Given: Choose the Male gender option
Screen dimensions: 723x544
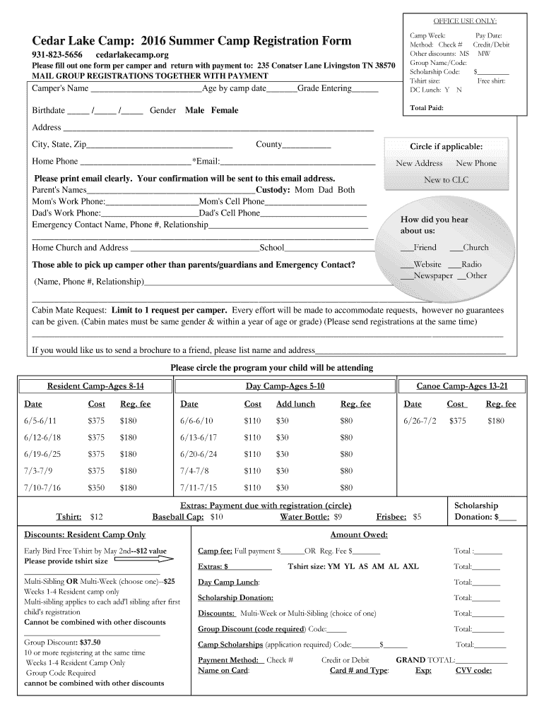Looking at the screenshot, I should point(194,110).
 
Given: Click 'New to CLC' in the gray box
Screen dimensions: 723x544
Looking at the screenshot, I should point(446,180).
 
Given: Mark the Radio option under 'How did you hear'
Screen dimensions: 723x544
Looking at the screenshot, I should point(471,264).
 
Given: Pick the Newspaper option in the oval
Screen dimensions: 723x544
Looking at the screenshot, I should point(432,275).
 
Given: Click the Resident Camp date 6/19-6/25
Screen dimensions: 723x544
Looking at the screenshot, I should point(42,454).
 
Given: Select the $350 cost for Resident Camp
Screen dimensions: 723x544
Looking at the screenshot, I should point(96,488).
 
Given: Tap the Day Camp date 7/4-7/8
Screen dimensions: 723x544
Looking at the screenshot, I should point(194,471).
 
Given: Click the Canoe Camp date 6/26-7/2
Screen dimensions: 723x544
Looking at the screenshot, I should point(420,420).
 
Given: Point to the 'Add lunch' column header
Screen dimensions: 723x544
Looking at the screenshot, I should point(295,404).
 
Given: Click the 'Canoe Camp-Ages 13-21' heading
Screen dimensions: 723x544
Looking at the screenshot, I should point(462,386).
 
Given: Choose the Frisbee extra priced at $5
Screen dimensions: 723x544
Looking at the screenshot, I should point(399,517).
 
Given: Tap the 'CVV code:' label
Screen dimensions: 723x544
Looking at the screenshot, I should point(473,671).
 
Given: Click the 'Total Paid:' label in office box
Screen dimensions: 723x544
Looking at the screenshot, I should point(427,108).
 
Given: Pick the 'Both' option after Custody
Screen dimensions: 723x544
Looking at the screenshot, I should point(346,190).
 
